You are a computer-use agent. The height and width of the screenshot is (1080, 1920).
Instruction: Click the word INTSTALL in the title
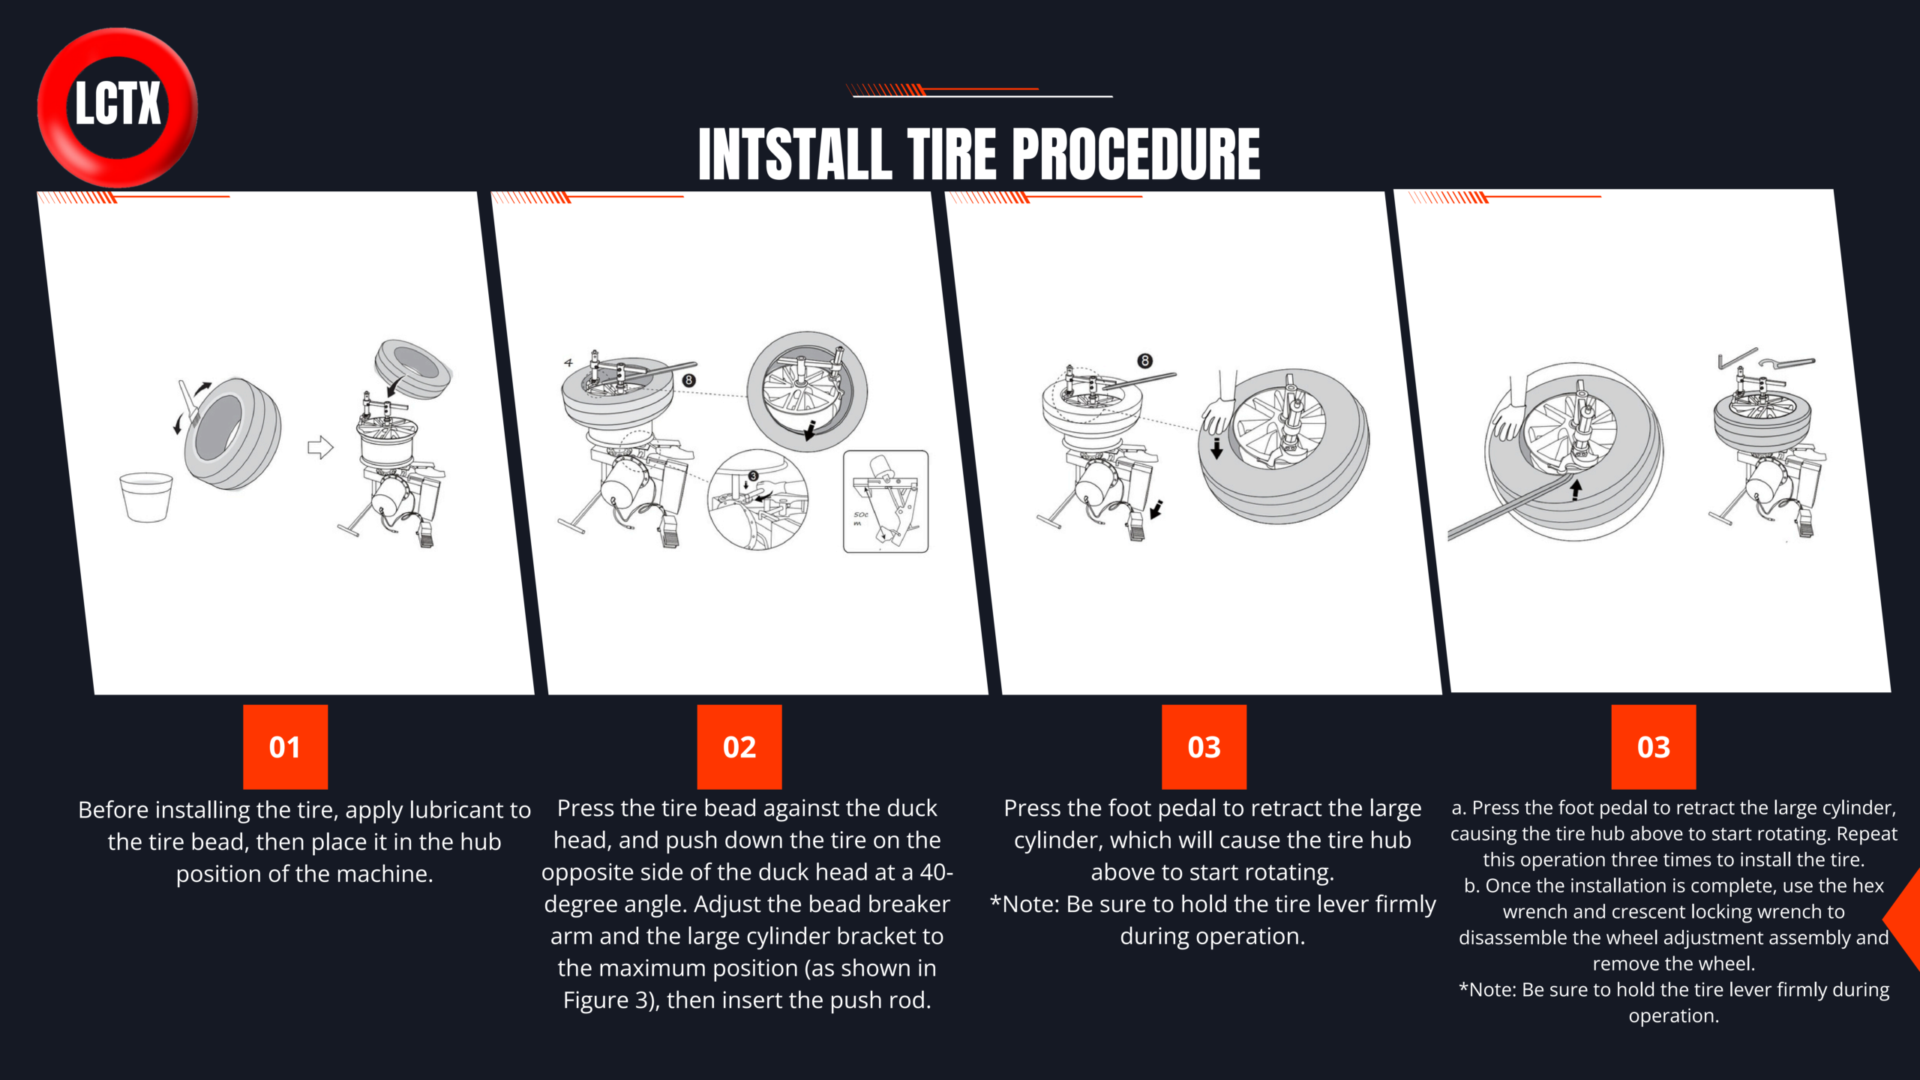click(796, 154)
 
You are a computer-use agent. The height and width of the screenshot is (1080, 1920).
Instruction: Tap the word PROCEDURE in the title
click(1137, 154)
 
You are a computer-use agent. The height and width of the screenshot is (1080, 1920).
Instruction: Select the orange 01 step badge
click(285, 747)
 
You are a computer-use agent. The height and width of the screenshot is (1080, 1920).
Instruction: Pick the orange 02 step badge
click(739, 747)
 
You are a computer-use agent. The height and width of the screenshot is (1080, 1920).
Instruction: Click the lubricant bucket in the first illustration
click(146, 496)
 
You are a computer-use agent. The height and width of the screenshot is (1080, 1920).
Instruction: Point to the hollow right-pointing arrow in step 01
click(320, 448)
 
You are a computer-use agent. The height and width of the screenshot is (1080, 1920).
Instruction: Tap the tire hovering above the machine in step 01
click(413, 368)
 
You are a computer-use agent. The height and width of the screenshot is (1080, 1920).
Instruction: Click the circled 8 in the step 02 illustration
click(688, 380)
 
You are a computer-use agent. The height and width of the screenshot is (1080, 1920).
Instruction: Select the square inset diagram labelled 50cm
click(886, 502)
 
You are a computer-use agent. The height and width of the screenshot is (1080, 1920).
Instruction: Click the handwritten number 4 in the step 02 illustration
click(568, 363)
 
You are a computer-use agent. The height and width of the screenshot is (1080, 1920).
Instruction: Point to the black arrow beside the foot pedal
click(1156, 510)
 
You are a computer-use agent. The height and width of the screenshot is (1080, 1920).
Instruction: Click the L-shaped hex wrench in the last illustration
click(1737, 358)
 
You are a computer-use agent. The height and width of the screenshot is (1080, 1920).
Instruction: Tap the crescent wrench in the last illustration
click(1787, 363)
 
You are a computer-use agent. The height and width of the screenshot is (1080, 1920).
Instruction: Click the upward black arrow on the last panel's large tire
click(1576, 489)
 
